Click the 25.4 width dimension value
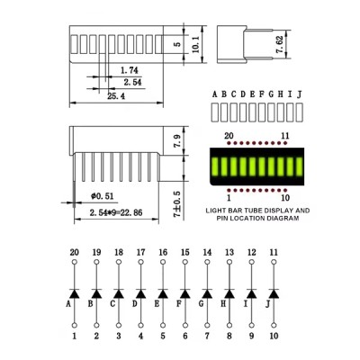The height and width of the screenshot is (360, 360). [x=116, y=96]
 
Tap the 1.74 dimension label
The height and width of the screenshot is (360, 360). [x=130, y=70]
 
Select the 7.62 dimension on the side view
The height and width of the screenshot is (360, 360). [x=279, y=45]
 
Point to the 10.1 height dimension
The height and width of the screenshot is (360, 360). [x=195, y=45]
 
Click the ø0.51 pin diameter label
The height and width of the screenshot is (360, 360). [x=102, y=196]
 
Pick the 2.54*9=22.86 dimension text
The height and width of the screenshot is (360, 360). [x=116, y=212]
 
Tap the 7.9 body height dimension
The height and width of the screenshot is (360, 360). [x=177, y=141]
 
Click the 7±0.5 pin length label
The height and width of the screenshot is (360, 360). [x=177, y=204]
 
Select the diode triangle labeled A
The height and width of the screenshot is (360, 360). [x=75, y=294]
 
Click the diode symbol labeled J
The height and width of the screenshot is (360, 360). [x=274, y=294]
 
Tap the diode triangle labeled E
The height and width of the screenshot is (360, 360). [x=163, y=294]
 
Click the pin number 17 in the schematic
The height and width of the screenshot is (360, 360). [x=140, y=252]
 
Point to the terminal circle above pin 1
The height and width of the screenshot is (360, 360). [x=75, y=325]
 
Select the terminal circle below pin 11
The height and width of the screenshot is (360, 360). [x=274, y=262]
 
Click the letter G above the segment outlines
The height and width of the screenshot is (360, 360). [x=271, y=94]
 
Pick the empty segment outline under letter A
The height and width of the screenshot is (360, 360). [x=215, y=112]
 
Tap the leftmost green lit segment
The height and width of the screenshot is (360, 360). [x=215, y=166]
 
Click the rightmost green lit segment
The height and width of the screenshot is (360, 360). [x=300, y=166]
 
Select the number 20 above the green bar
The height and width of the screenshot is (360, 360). [x=229, y=136]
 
